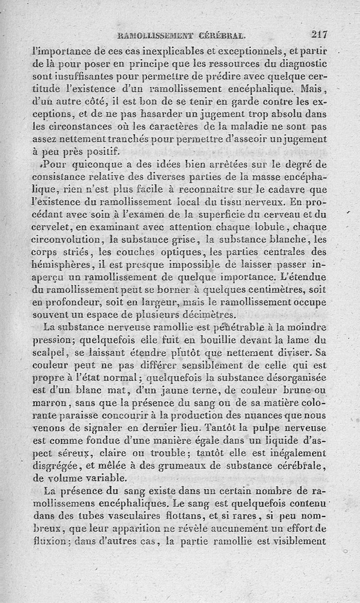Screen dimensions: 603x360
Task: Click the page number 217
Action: [x=319, y=34]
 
